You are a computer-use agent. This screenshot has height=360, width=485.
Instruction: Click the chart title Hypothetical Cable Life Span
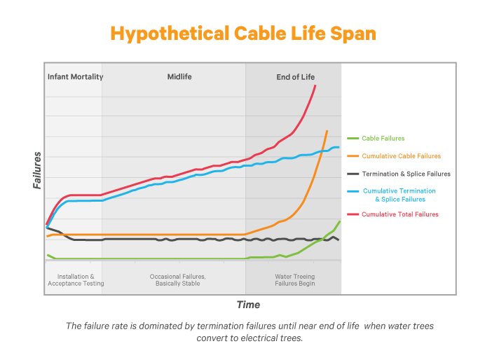click(242, 34)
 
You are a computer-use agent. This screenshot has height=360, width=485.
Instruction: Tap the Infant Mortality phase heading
click(75, 76)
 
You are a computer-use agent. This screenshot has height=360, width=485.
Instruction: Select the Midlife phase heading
click(179, 76)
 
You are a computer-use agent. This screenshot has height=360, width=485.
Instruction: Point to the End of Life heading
click(295, 76)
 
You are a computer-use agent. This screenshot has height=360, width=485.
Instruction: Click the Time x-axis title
click(248, 305)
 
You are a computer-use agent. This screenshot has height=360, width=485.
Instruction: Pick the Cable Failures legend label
click(383, 139)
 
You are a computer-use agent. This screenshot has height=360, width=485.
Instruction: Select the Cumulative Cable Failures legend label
click(401, 156)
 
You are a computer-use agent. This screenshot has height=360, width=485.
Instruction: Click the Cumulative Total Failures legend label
click(400, 214)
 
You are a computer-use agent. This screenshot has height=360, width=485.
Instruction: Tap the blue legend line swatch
click(353, 191)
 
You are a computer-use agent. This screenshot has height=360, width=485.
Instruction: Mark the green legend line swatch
click(353, 139)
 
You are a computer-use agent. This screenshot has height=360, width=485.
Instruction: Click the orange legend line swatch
click(353, 156)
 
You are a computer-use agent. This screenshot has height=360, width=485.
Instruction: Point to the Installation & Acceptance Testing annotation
click(76, 280)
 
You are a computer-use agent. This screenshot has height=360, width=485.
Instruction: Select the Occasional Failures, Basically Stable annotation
click(178, 280)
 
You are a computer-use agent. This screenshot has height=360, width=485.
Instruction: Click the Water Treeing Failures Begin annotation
click(295, 280)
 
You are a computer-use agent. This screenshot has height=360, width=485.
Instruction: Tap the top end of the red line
click(315, 85)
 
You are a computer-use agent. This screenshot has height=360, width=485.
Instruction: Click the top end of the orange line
click(327, 131)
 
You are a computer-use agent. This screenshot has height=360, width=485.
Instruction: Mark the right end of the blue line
click(339, 147)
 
